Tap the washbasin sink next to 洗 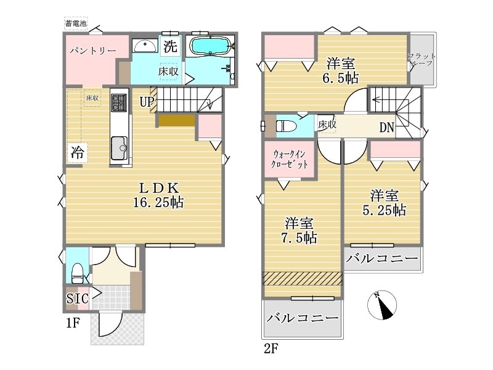[145, 46]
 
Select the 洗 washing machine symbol [170, 46]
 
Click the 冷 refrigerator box [77, 152]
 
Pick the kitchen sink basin [119, 148]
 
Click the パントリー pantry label [93, 51]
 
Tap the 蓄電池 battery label [76, 23]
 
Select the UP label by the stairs [147, 102]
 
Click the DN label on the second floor [386, 128]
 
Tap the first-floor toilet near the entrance [78, 273]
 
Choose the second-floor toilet [286, 126]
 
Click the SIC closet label [78, 298]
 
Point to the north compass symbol [382, 305]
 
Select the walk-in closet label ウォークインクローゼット [289, 159]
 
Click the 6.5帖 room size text [341, 78]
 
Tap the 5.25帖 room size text [384, 210]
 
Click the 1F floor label [73, 323]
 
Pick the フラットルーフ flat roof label [422, 59]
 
